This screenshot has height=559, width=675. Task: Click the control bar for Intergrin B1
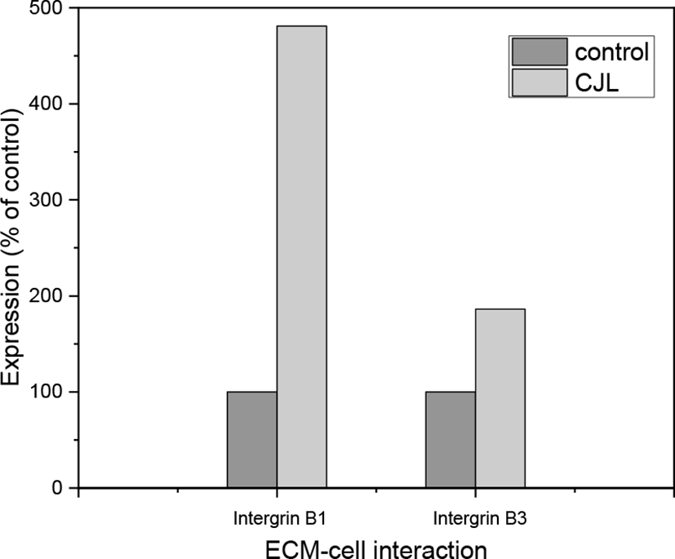click(x=251, y=440)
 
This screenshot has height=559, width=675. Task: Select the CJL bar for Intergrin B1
click(x=301, y=257)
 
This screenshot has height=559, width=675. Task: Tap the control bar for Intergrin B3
click(x=450, y=440)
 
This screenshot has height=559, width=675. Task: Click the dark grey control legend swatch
click(x=539, y=52)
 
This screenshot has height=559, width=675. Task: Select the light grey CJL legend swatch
click(x=539, y=83)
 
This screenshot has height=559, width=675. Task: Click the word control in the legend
click(x=611, y=52)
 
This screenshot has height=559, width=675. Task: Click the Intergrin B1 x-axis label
click(x=275, y=517)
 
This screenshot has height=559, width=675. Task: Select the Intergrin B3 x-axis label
click(x=474, y=517)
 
